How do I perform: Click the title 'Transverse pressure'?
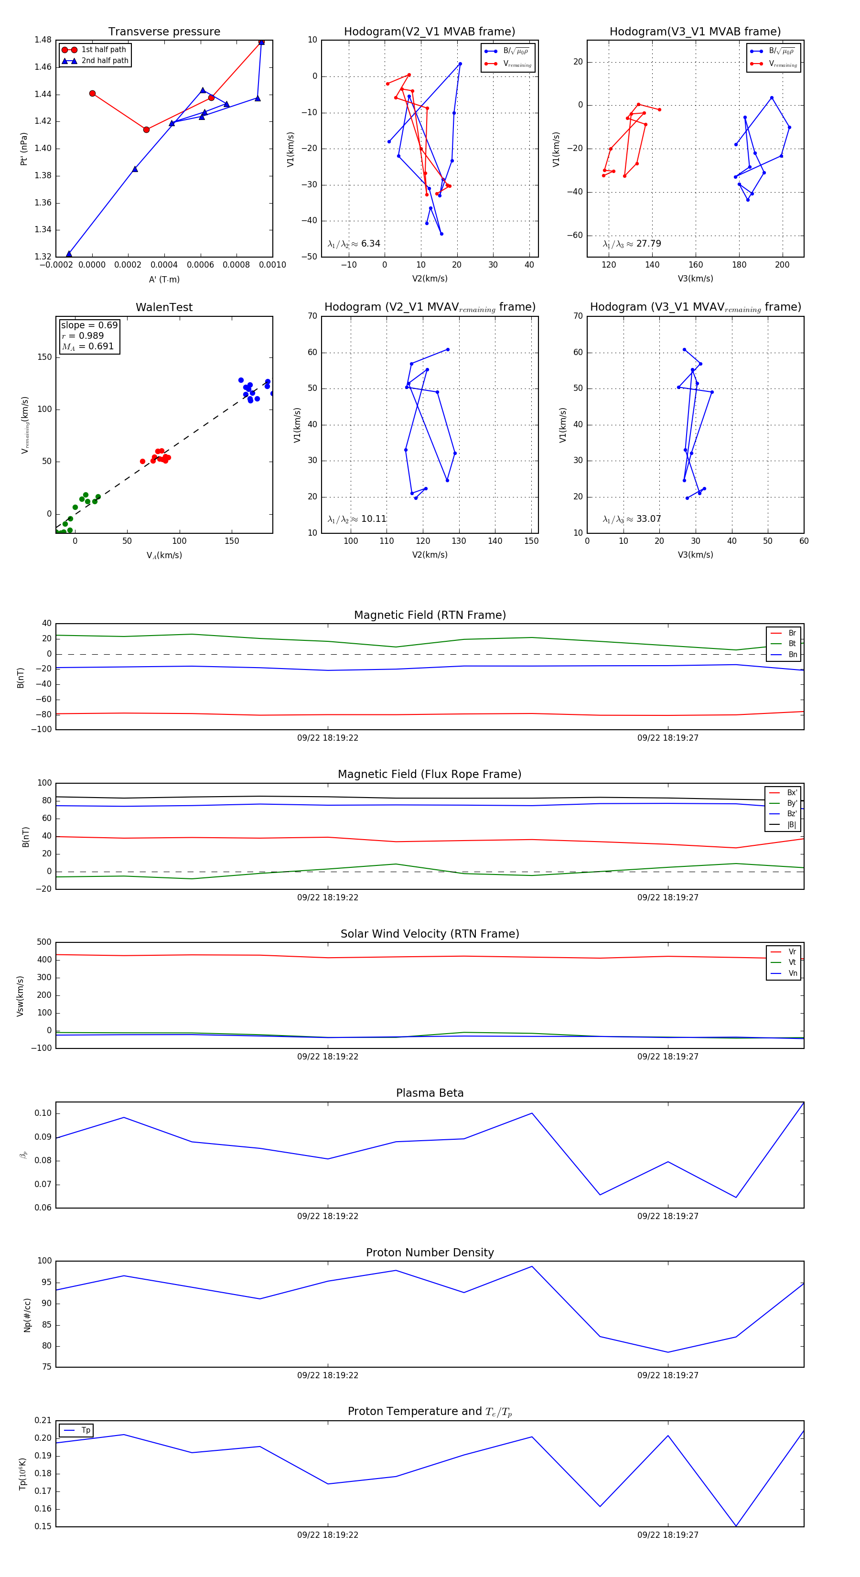pos(164,32)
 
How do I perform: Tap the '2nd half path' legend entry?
pos(105,61)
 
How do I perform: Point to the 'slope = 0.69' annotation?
pos(89,325)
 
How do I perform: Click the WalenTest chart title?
pos(164,307)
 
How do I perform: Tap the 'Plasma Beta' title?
pos(430,1093)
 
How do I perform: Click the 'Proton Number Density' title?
pos(430,1253)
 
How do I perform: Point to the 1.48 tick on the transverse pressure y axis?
pos(43,40)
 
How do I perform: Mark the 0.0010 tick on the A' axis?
pos(272,265)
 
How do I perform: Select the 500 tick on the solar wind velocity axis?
pos(44,942)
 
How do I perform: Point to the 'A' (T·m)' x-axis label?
pos(164,279)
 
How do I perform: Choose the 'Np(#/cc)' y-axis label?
pos(27,1315)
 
